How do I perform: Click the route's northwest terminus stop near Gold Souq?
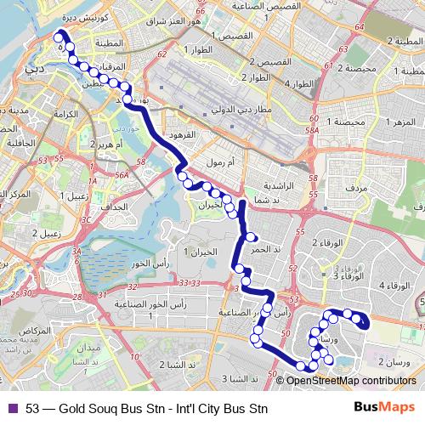[x=59, y=36]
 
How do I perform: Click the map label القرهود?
[x=183, y=135]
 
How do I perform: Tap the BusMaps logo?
[x=390, y=407]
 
